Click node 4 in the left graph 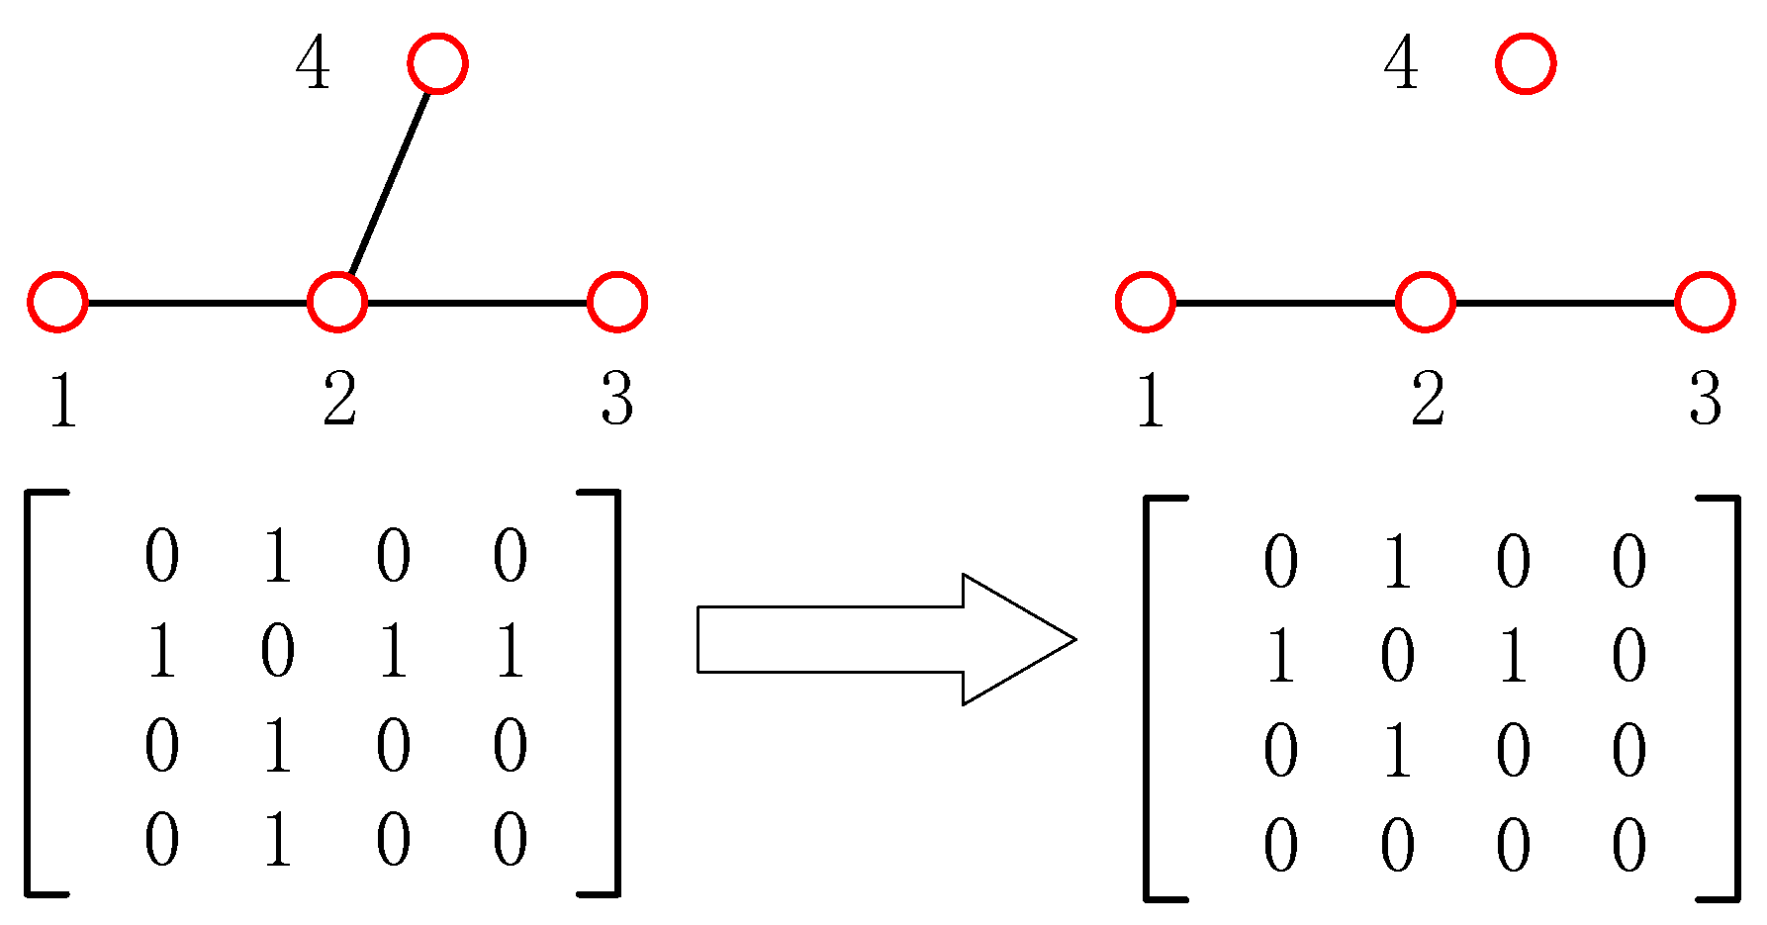[437, 64]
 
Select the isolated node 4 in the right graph [1526, 64]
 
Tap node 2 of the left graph [337, 302]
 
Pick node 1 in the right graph [1146, 302]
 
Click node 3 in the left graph [617, 302]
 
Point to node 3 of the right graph [1705, 302]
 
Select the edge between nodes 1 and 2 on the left [198, 302]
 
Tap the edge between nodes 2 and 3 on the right [1565, 302]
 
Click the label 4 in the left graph [313, 66]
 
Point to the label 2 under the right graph [1428, 401]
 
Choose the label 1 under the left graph [62, 401]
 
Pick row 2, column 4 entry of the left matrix [511, 653]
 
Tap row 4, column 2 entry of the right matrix [1397, 847]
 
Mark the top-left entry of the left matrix [162, 557]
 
